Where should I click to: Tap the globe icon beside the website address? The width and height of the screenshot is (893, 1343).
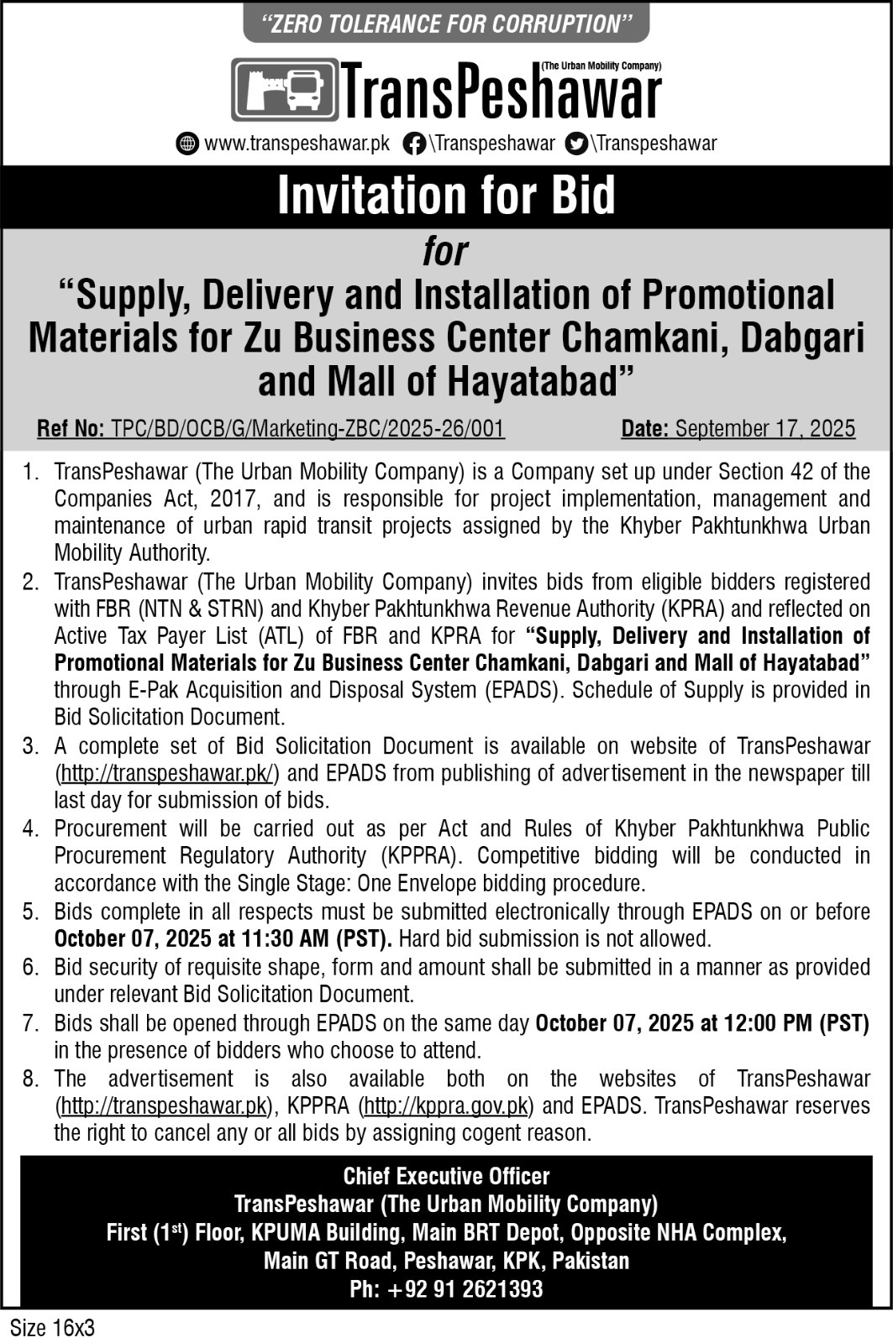tap(187, 144)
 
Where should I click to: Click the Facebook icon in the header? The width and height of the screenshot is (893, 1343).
tap(413, 144)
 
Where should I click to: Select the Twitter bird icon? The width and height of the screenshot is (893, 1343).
tap(576, 144)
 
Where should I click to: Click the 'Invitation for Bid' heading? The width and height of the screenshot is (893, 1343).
tap(446, 195)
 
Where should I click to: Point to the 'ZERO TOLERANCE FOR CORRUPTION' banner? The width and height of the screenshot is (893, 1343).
tap(446, 24)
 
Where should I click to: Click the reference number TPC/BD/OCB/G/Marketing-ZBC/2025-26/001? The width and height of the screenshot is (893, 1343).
tap(304, 429)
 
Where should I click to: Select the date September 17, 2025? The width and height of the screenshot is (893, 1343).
tap(764, 429)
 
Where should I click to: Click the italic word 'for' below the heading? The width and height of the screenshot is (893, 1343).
tap(445, 252)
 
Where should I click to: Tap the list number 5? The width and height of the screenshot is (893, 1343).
tap(31, 912)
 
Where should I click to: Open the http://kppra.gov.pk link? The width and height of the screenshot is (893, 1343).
tap(447, 1105)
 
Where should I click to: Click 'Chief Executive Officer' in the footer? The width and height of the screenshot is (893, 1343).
tap(446, 1177)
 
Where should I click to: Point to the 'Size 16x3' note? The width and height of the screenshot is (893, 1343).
tap(52, 1329)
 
